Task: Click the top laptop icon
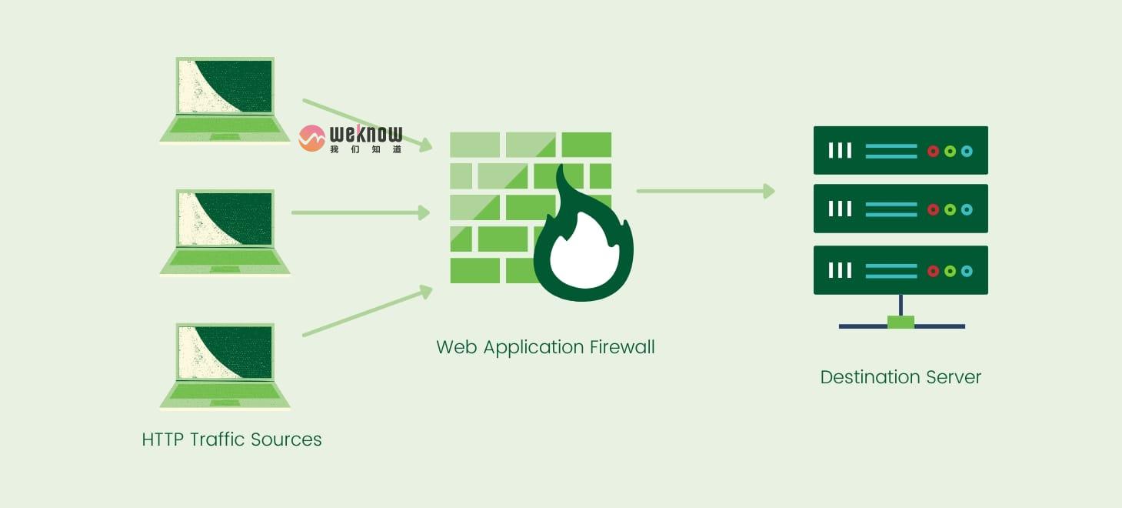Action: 225,99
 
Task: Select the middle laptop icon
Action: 225,232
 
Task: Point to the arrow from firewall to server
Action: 704,191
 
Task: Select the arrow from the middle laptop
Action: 360,212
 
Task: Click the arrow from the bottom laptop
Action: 366,312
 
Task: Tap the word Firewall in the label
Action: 622,347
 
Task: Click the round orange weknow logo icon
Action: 311,138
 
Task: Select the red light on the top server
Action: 933,151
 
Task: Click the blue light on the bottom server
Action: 967,271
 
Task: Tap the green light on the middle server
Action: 950,209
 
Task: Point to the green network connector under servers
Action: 901,322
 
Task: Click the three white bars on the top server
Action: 840,150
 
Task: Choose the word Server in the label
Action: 954,378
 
